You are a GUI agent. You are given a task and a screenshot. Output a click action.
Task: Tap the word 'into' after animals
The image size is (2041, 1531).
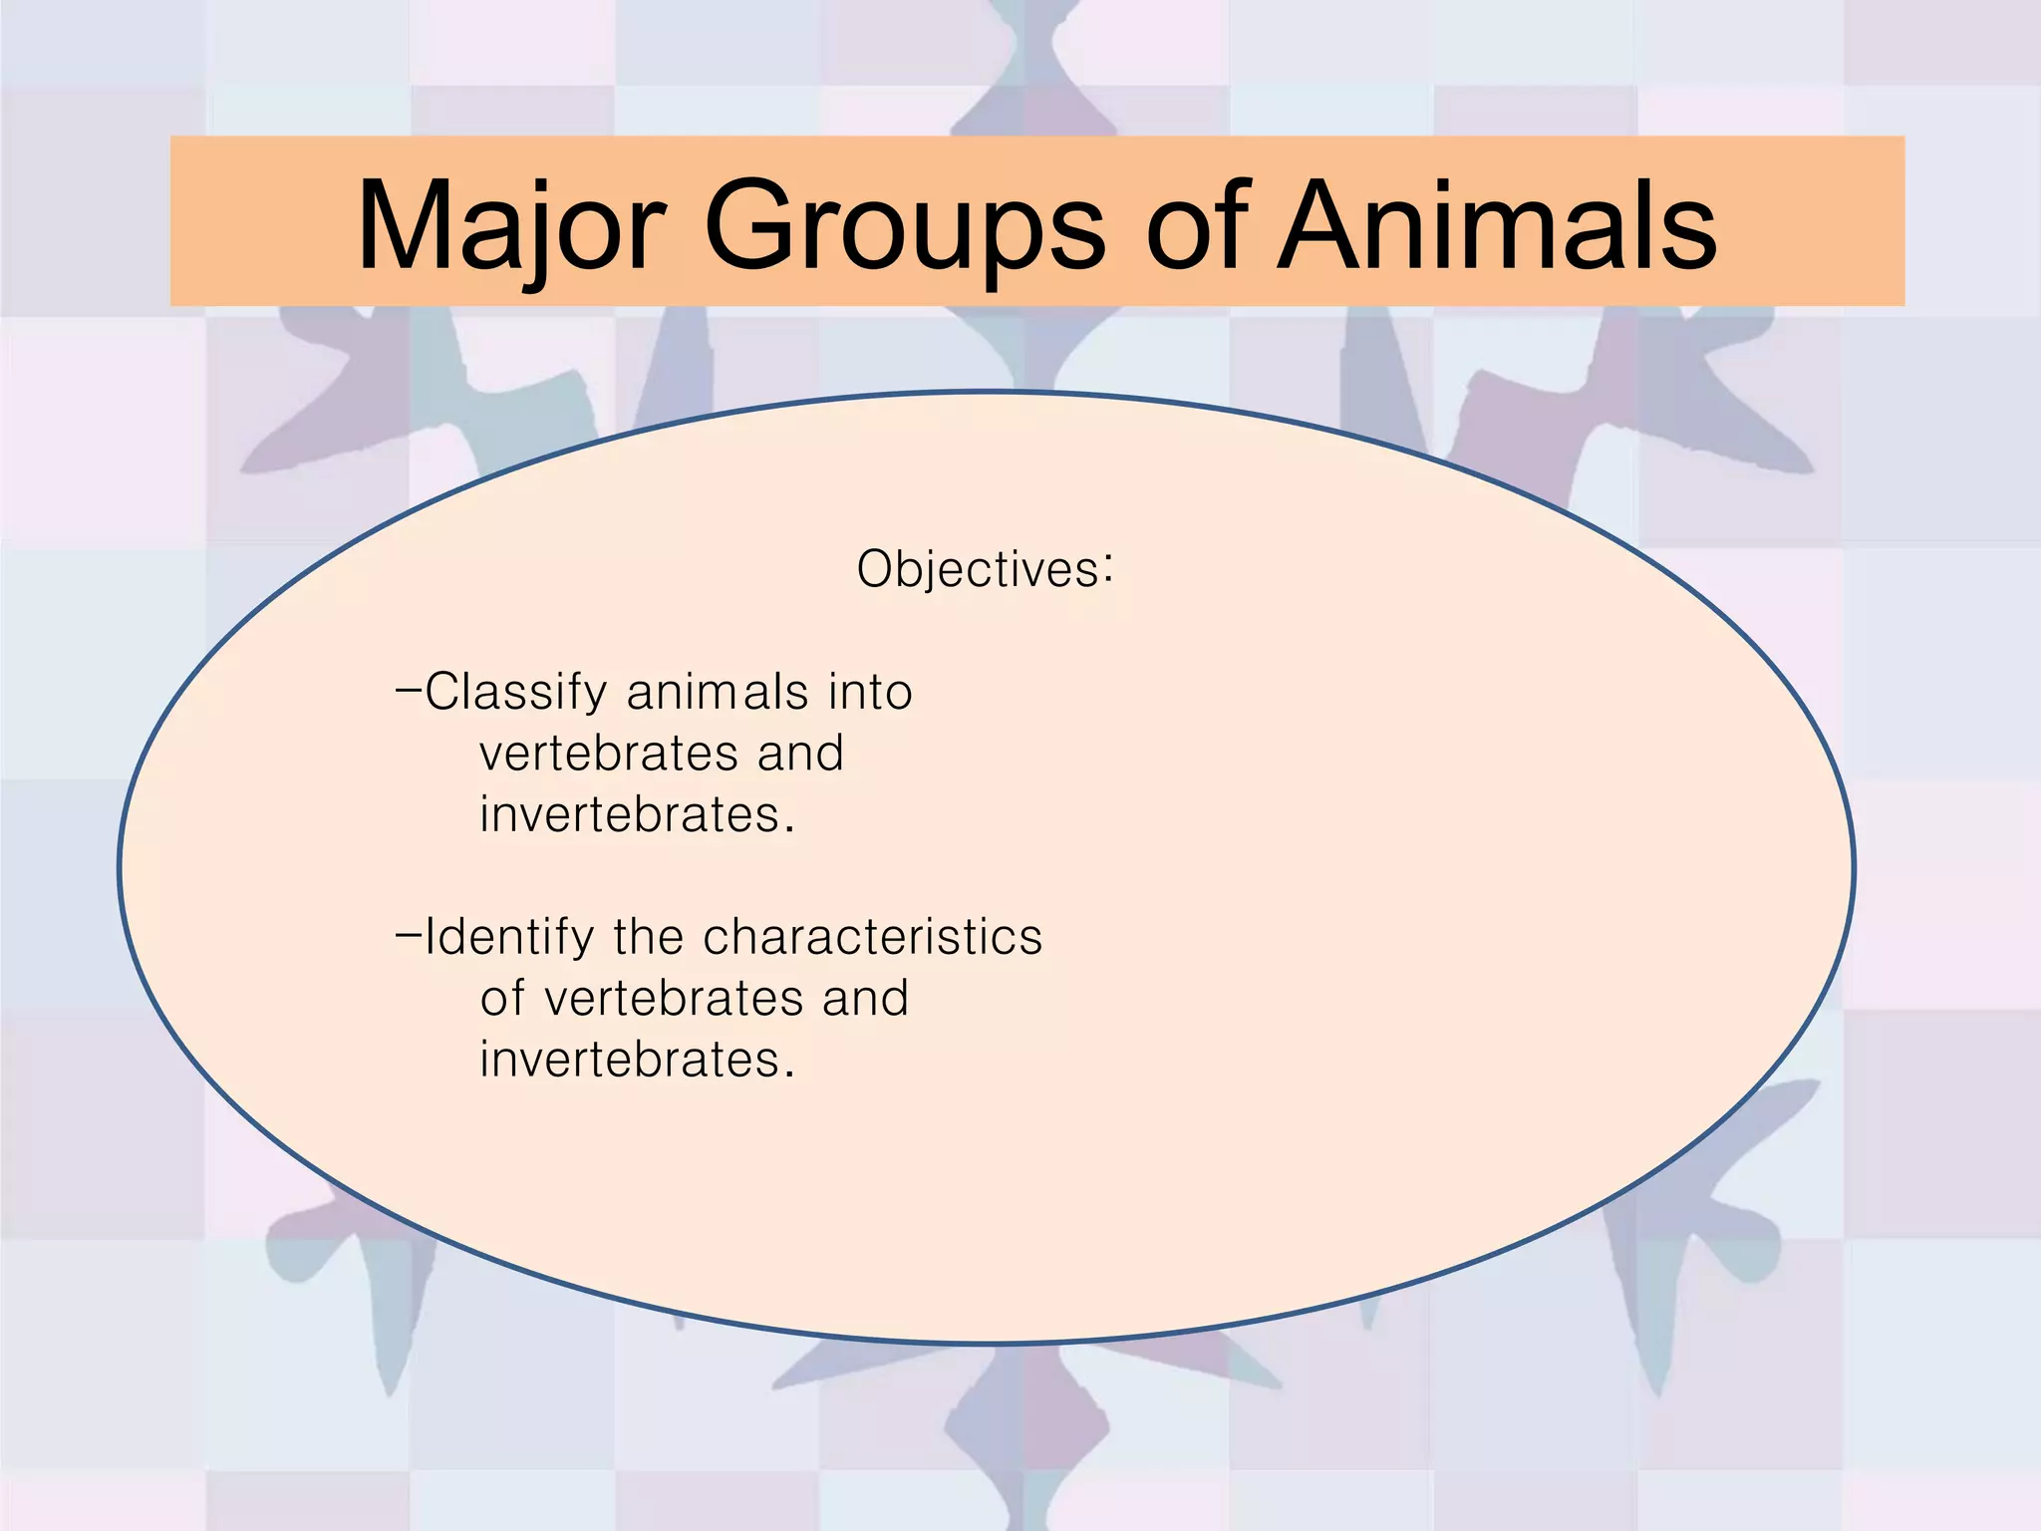click(x=870, y=692)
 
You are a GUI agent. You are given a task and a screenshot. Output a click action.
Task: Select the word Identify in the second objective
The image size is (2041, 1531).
click(x=509, y=937)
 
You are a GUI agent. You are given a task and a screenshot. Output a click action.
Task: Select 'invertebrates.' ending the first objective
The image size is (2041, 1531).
click(x=637, y=815)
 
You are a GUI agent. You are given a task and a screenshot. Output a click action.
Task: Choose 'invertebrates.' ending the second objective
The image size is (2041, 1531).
click(x=637, y=1060)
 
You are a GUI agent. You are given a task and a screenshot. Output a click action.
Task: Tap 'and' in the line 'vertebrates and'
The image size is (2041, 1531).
click(x=800, y=754)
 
